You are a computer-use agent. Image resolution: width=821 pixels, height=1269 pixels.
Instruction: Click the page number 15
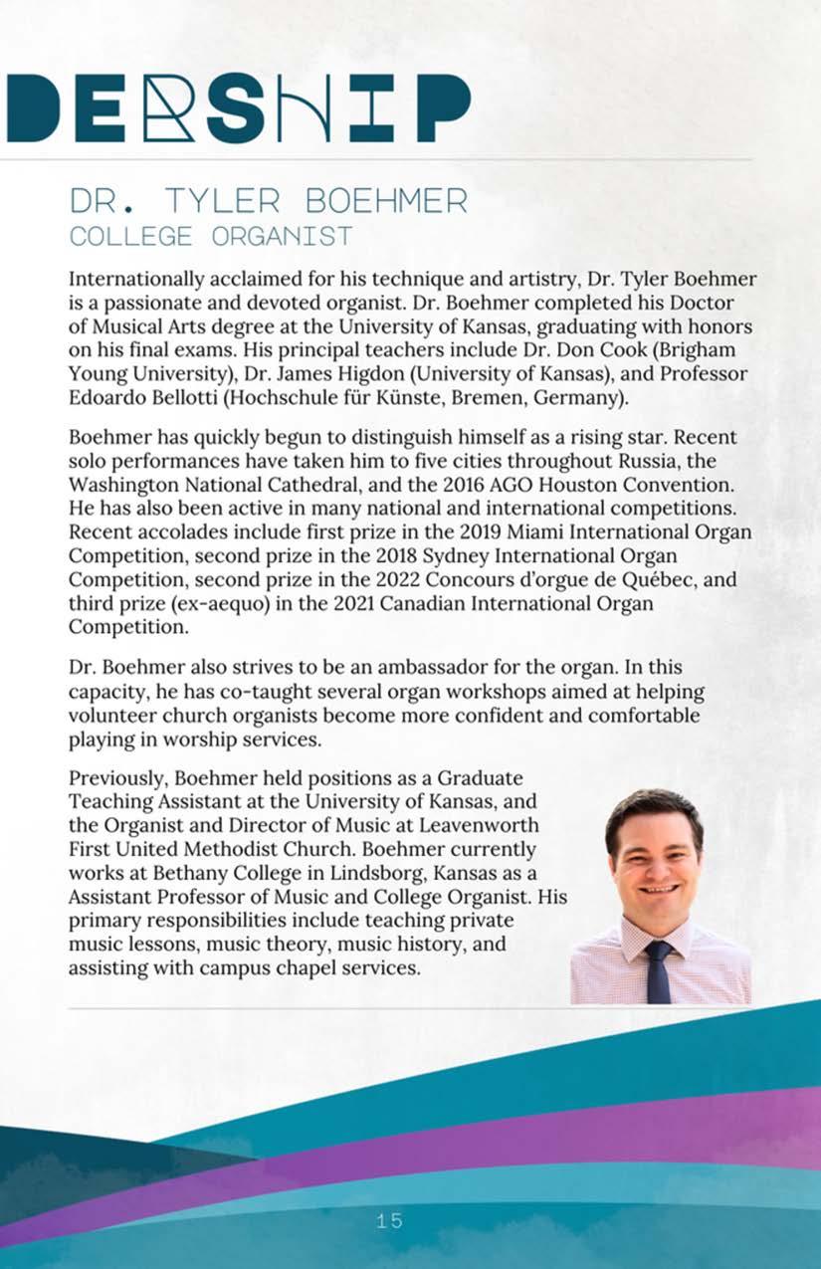coord(389,1220)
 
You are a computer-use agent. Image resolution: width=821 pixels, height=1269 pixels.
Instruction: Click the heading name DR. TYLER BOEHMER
coord(268,201)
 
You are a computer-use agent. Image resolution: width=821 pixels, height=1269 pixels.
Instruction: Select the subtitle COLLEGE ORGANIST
coord(210,237)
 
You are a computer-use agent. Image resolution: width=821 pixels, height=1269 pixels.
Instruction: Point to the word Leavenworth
coord(477,825)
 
